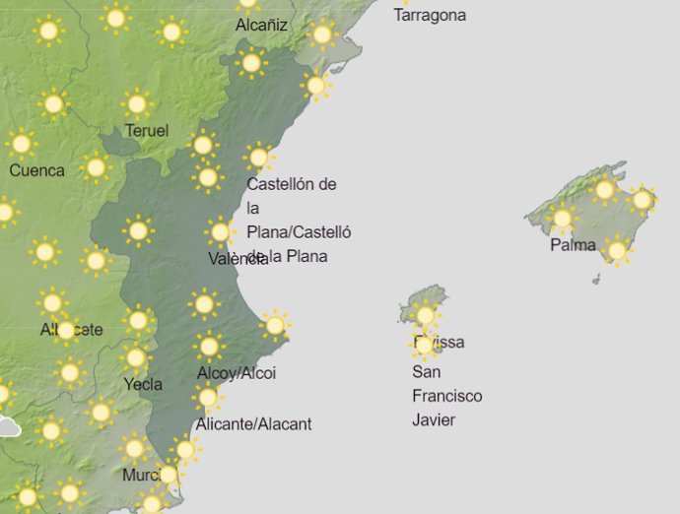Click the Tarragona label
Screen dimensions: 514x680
pyautogui.click(x=430, y=16)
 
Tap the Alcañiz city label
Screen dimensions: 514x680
pyautogui.click(x=261, y=26)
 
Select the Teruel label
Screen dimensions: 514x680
pyautogui.click(x=147, y=131)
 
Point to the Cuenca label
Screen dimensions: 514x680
pyautogui.click(x=36, y=170)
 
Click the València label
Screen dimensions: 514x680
pyautogui.click(x=238, y=259)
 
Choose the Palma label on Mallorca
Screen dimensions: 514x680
pyautogui.click(x=573, y=244)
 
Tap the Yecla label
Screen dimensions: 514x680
pyautogui.click(x=143, y=384)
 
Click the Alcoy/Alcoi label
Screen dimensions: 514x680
pyautogui.click(x=237, y=373)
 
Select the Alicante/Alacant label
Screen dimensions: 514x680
pyautogui.click(x=253, y=424)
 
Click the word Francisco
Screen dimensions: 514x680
pyautogui.click(x=446, y=396)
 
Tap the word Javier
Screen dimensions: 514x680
pyautogui.click(x=435, y=420)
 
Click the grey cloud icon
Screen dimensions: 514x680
pyautogui.click(x=8, y=427)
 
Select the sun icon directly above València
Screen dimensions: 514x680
pyautogui.click(x=220, y=232)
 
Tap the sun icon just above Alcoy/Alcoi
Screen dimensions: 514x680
pyautogui.click(x=208, y=346)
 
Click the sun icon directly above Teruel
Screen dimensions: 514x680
pyautogui.click(x=137, y=103)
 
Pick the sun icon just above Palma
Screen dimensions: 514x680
pyautogui.click(x=563, y=219)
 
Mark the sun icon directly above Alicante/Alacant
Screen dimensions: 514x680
pyautogui.click(x=207, y=397)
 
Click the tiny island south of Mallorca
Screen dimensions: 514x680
pyautogui.click(x=596, y=280)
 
